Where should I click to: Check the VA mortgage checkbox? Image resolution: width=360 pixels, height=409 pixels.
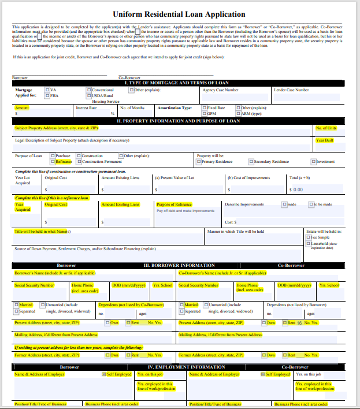click(x=47, y=90)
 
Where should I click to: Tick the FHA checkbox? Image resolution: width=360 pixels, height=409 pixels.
click(x=47, y=96)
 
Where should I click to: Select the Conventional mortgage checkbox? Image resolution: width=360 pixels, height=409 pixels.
click(x=89, y=90)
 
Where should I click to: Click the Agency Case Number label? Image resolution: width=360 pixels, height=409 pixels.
click(x=220, y=90)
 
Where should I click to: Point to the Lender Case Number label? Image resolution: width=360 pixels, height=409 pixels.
click(x=291, y=90)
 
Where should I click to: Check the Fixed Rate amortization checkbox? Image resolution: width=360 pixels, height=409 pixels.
click(x=205, y=108)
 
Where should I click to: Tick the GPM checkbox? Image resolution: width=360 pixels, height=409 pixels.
click(x=205, y=114)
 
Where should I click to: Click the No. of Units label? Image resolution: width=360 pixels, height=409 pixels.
click(x=326, y=128)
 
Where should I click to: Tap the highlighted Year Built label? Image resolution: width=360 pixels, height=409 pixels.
click(x=324, y=140)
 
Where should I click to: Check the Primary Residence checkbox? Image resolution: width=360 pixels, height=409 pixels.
click(x=199, y=162)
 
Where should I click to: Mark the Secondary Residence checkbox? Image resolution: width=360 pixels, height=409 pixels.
click(x=251, y=162)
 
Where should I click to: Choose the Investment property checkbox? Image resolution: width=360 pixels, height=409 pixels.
click(x=313, y=162)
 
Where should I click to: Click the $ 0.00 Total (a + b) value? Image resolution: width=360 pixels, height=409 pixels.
click(x=297, y=189)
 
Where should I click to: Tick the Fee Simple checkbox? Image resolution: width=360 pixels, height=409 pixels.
click(x=308, y=237)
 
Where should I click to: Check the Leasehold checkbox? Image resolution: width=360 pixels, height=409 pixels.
click(x=308, y=244)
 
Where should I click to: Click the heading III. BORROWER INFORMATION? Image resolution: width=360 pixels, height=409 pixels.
click(x=179, y=265)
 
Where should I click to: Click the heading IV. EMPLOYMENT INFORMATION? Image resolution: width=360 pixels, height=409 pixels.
click(x=186, y=367)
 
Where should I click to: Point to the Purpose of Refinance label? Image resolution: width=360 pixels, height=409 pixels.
click(x=173, y=204)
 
